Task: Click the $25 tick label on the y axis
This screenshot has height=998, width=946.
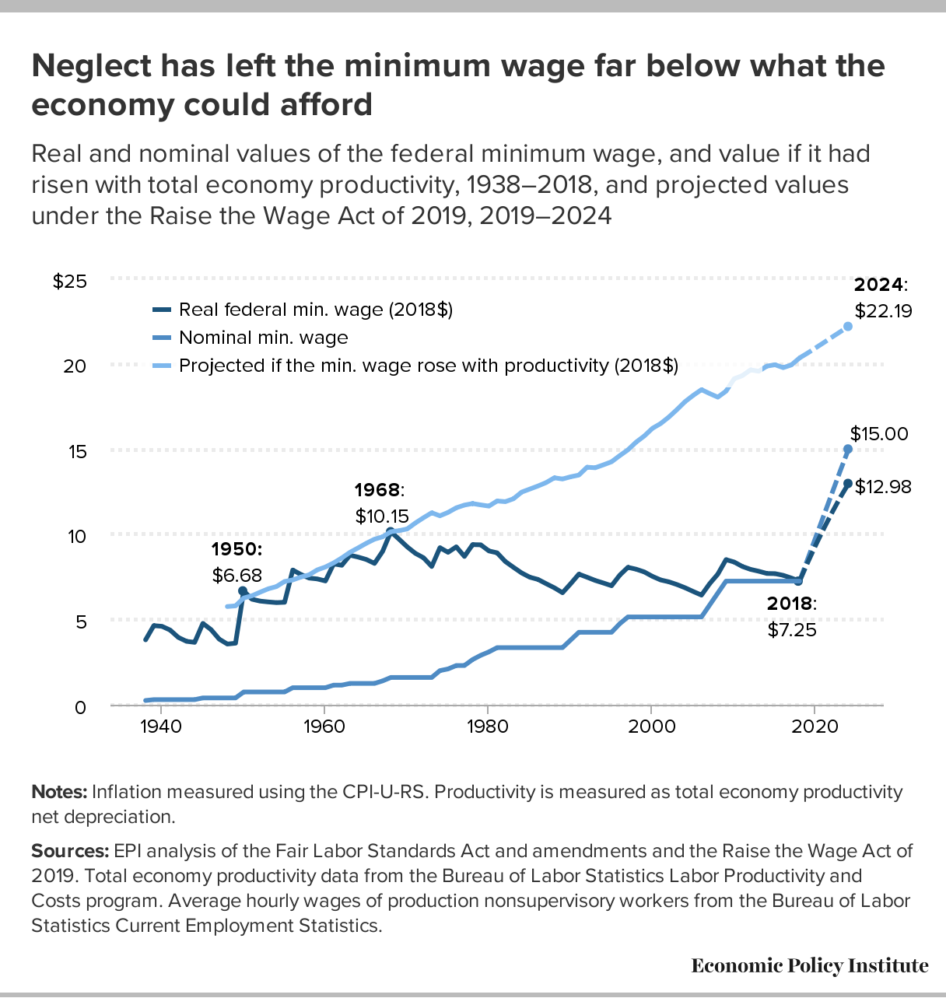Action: pos(69,281)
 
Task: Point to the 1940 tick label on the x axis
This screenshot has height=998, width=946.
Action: pos(160,726)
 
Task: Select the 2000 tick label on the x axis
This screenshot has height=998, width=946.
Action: pos(650,726)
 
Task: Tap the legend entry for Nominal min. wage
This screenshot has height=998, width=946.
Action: pos(263,338)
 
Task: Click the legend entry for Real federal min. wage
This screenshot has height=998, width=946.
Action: pos(315,310)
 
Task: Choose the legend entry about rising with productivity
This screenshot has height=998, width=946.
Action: pos(428,366)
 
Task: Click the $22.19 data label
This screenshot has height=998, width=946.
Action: pos(883,311)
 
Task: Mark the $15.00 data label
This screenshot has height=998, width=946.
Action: pos(879,433)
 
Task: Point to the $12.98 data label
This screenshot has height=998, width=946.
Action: pos(883,487)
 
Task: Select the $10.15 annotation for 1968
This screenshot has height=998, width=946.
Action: pos(382,516)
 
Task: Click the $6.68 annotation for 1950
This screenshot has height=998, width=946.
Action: pos(237,576)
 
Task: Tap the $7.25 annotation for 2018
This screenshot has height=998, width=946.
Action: pos(792,630)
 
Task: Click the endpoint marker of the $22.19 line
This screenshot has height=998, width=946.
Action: pos(848,326)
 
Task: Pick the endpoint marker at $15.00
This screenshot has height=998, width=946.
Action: pos(848,450)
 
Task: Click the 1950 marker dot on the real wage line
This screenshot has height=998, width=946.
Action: pos(243,591)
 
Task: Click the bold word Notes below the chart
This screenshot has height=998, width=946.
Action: pos(59,792)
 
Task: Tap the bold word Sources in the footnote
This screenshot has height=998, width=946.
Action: pos(70,850)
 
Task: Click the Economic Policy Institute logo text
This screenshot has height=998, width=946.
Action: pos(810,965)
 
